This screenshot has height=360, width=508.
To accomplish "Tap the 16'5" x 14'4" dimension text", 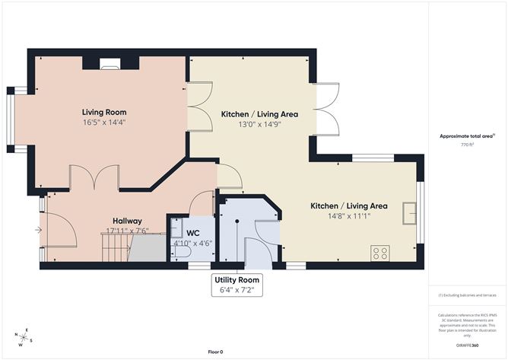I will pyautogui.click(x=104, y=123).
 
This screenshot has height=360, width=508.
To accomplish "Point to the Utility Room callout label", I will pyautogui.click(x=239, y=280).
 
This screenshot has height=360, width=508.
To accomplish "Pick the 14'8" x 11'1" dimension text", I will pyautogui.click(x=349, y=216).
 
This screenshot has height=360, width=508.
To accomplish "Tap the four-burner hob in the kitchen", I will pyautogui.click(x=379, y=253).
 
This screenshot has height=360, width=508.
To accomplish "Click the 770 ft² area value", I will pyautogui.click(x=466, y=144).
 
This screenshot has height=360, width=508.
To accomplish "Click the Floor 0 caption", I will pyautogui.click(x=217, y=352).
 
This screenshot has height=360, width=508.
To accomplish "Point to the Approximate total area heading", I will pyautogui.click(x=466, y=136).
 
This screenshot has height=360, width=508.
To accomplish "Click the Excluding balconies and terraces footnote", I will pyautogui.click(x=466, y=295).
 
